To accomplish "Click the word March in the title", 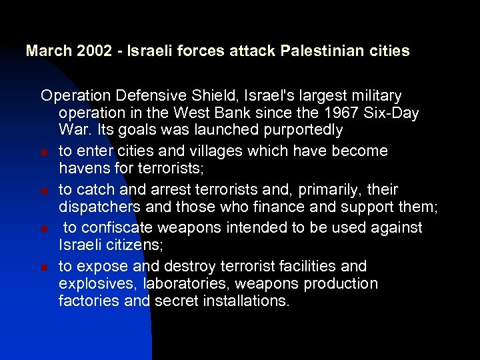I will [x=45, y=51].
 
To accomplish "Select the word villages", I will [x=195, y=151].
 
